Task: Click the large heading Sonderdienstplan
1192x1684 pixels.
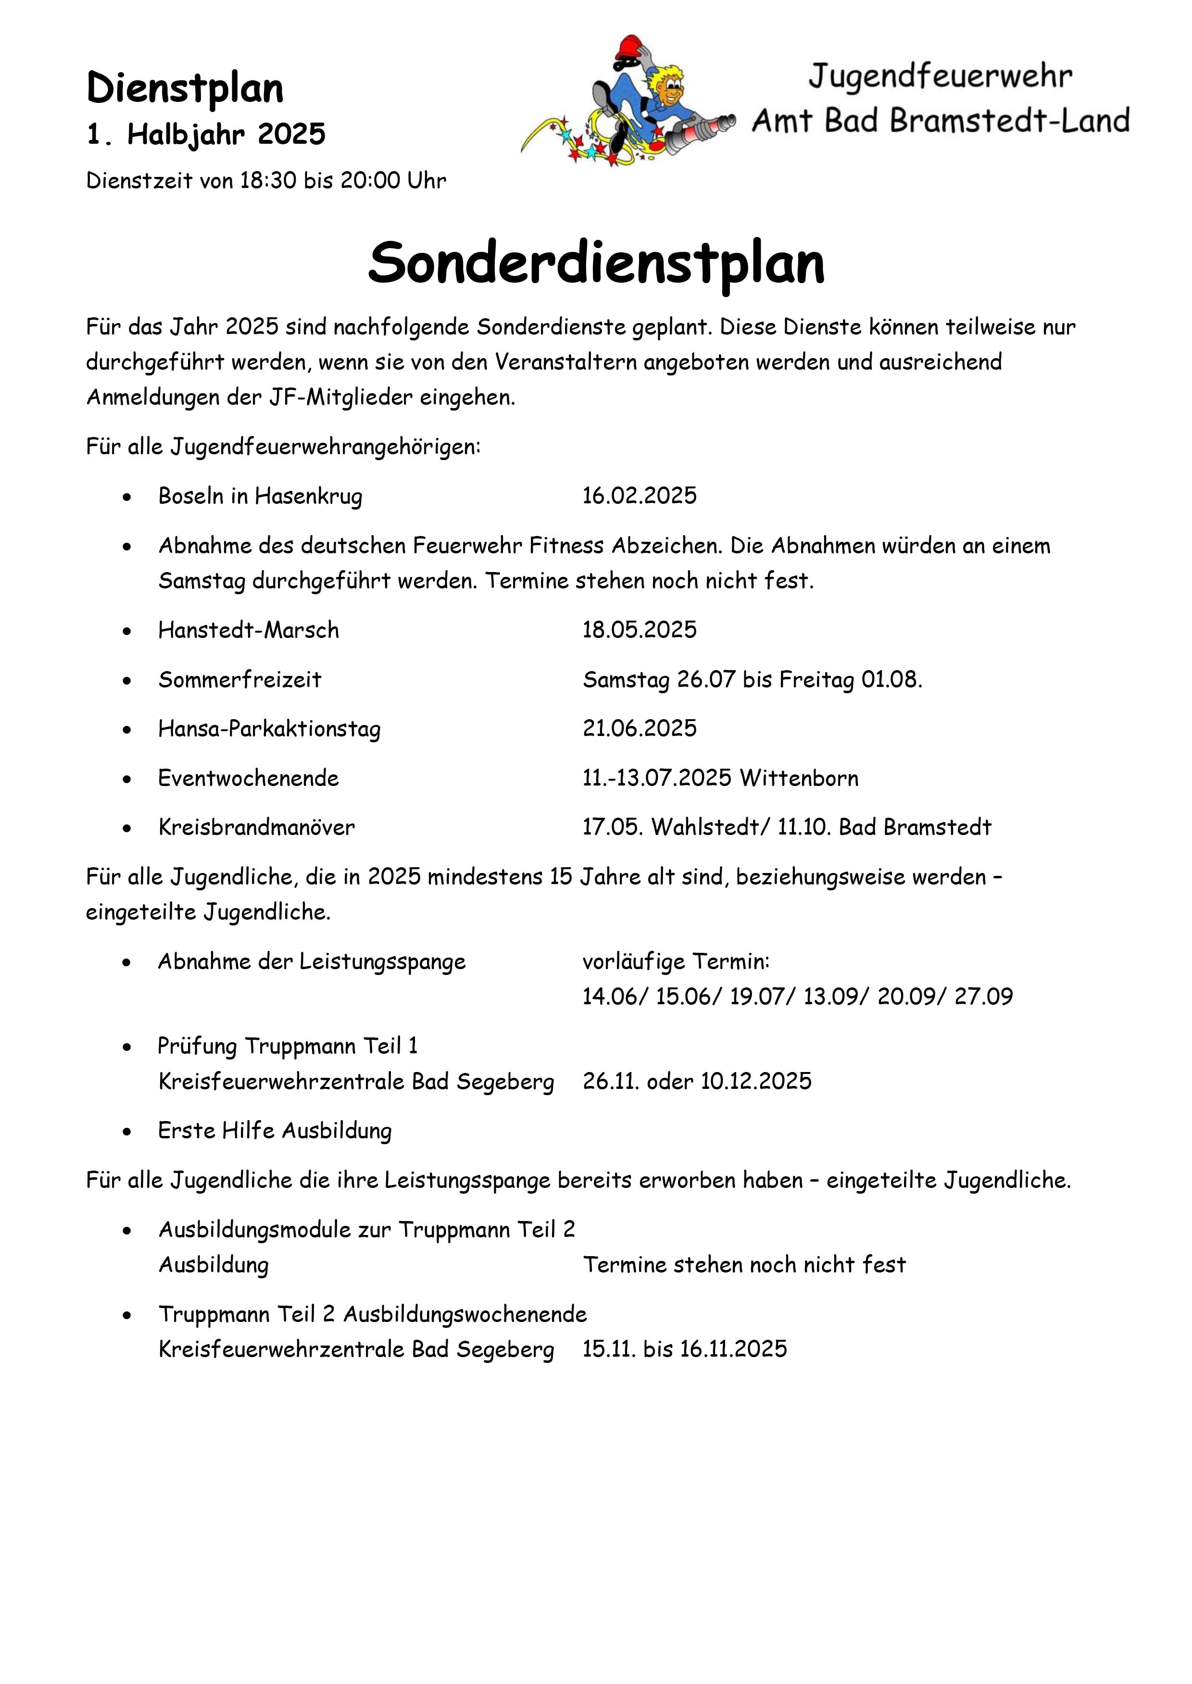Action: (x=596, y=262)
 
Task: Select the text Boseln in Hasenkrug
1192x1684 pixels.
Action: (x=260, y=496)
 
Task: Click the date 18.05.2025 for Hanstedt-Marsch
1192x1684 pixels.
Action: (x=640, y=630)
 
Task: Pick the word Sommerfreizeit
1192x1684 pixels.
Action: (x=239, y=679)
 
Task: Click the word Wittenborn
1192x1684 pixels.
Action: (x=799, y=778)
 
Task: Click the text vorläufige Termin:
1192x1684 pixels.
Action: (x=676, y=961)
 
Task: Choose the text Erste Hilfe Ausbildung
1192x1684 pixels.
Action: (x=275, y=1130)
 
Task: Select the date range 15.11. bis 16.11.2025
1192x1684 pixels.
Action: (x=684, y=1348)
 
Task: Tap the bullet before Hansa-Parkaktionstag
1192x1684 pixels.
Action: (x=128, y=729)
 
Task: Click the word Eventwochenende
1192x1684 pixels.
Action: (x=248, y=778)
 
